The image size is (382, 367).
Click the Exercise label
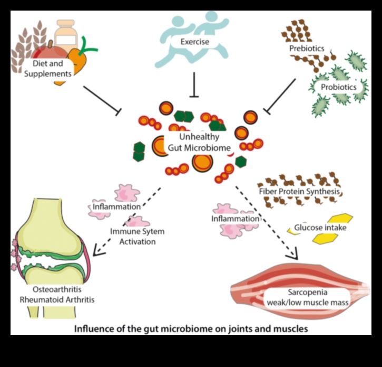tap(195, 41)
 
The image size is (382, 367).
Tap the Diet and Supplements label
tap(47, 69)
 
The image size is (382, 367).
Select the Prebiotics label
tap(306, 48)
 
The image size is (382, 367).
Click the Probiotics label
tap(335, 87)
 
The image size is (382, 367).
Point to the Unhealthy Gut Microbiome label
tap(199, 142)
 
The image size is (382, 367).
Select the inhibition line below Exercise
tap(195, 84)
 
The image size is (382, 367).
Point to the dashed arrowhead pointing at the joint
tap(99, 251)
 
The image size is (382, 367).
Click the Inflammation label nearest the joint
tap(116, 206)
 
